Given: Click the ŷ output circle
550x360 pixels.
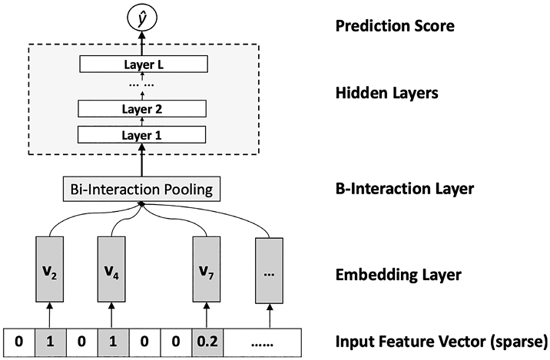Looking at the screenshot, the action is [141, 18].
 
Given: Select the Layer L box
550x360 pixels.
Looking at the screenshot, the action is [144, 64].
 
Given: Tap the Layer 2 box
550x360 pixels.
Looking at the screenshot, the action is [141, 109].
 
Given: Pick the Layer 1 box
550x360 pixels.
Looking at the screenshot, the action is [141, 134].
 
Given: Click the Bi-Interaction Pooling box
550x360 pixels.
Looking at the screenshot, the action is [141, 190].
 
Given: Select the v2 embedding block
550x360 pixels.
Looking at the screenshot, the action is [49, 269].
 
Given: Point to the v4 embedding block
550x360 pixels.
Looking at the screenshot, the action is [111, 269].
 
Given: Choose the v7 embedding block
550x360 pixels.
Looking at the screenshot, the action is [207, 269].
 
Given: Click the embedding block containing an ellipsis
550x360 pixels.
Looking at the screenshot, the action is [269, 270].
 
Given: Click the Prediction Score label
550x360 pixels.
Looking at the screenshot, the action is [395, 26].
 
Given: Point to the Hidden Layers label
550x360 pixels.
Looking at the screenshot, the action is [387, 93].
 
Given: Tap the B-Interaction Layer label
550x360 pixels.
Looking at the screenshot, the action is [405, 189].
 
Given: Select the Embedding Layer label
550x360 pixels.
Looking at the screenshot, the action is [399, 275].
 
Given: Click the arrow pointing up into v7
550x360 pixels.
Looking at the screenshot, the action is [207, 315].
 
